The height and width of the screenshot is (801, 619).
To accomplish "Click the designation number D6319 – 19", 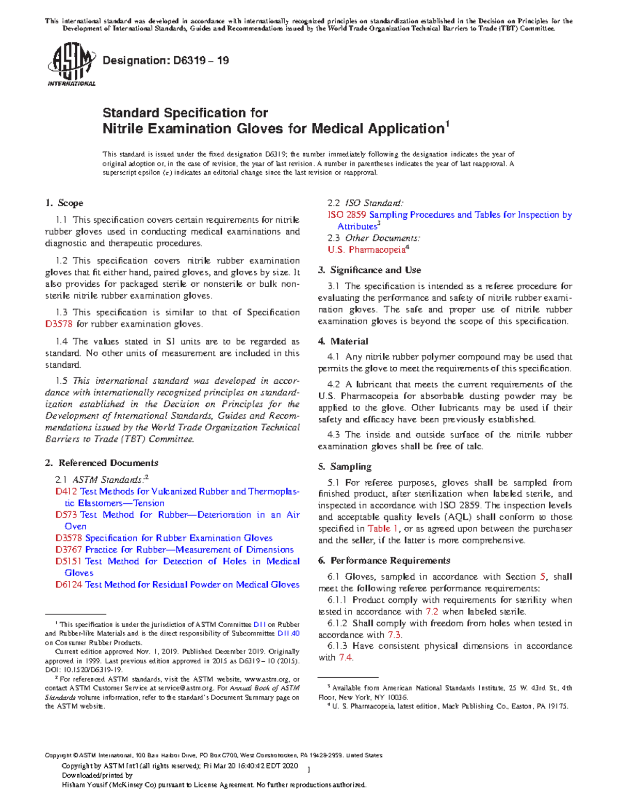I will click(166, 60).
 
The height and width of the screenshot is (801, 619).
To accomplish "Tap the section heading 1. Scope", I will click(64, 203).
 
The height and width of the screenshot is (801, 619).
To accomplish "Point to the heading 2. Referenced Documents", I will click(102, 463).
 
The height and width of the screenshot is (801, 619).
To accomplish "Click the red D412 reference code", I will click(66, 492).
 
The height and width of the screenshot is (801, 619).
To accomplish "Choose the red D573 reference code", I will click(66, 515).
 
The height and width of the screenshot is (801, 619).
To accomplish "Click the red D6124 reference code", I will click(69, 584).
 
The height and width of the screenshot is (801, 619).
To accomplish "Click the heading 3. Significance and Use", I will click(369, 270).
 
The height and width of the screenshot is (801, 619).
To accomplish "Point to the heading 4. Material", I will click(343, 341).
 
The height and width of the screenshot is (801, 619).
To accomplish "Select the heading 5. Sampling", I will click(345, 467).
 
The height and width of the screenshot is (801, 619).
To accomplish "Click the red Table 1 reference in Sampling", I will click(382, 529).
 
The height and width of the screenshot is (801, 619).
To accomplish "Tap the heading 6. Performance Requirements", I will click(384, 561).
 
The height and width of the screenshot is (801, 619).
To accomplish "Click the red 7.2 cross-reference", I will click(432, 612).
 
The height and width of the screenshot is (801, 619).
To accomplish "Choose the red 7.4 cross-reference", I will click(346, 658).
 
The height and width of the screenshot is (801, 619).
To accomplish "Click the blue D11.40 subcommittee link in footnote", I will click(288, 633).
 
